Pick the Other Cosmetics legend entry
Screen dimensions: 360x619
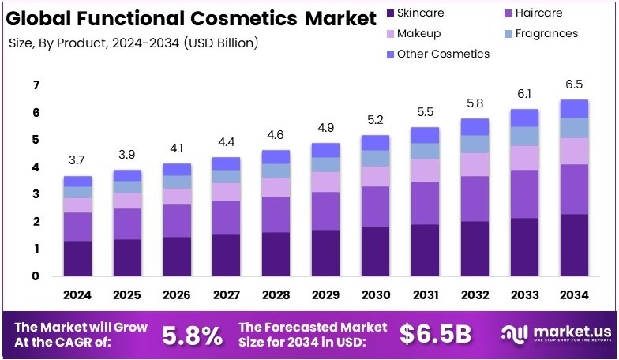point(443,54)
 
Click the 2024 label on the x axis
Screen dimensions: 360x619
point(77,295)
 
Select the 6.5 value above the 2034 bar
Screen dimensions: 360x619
point(575,84)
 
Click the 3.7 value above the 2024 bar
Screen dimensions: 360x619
point(77,160)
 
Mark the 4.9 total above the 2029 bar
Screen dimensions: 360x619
point(326,128)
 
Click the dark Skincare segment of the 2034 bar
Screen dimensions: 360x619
point(575,245)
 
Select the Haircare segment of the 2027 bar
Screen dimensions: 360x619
point(227,217)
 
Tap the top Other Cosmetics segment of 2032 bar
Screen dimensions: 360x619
point(475,126)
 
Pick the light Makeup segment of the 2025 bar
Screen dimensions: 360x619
point(127,201)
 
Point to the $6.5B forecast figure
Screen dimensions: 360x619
point(435,334)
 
